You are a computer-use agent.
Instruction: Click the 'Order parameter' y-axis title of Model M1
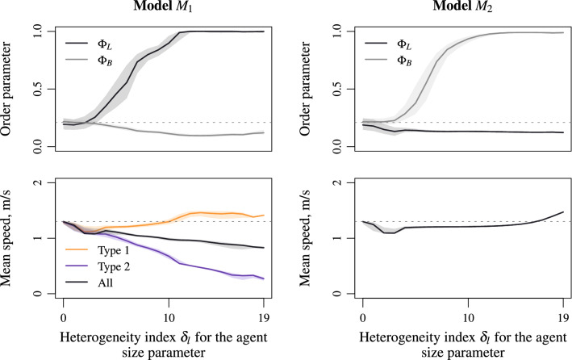(x=15, y=89)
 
